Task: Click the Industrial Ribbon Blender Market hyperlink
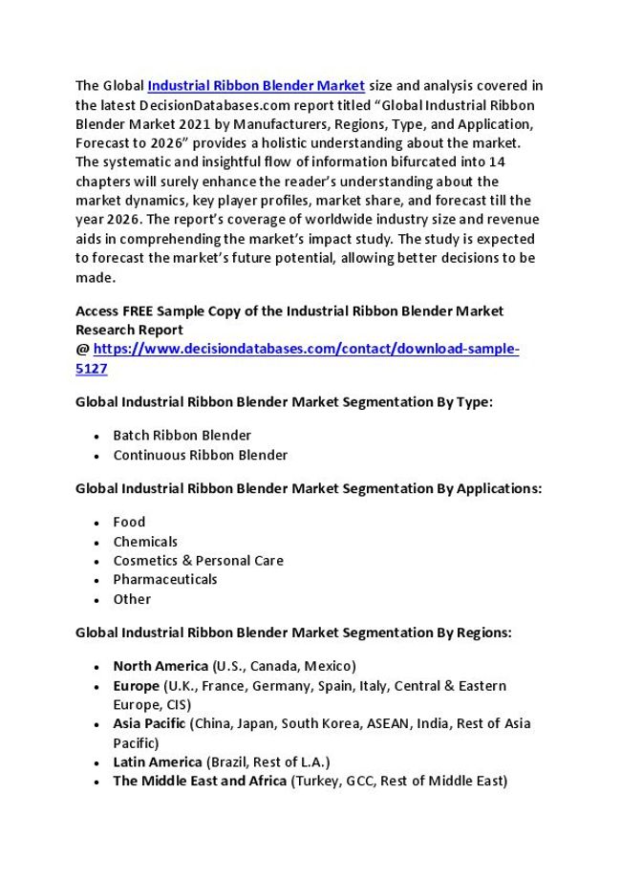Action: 256,85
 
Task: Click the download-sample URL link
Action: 306,350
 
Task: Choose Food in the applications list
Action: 129,522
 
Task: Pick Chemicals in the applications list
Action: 145,542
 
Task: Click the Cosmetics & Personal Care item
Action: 198,561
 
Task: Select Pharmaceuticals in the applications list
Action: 164,580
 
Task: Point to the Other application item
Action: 132,599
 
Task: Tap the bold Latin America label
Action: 158,761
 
